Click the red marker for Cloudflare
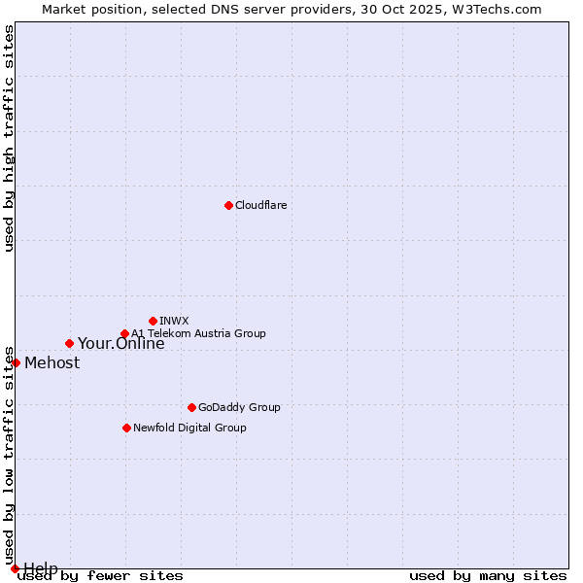pyautogui.click(x=228, y=205)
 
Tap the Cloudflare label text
pyautogui.click(x=260, y=206)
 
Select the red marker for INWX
pyautogui.click(x=153, y=321)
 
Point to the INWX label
pyautogui.click(x=174, y=321)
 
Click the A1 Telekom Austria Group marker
pyautogui.click(x=124, y=334)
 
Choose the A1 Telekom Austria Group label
pyautogui.click(x=198, y=334)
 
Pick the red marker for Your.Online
pyautogui.click(x=69, y=343)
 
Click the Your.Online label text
pyautogui.click(x=120, y=344)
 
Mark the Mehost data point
pyautogui.click(x=16, y=362)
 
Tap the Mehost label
pyautogui.click(x=51, y=363)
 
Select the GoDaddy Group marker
pyautogui.click(x=191, y=407)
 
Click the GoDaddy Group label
pyautogui.click(x=239, y=408)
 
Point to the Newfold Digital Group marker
pyautogui.click(x=126, y=428)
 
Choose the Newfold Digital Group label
pyautogui.click(x=189, y=429)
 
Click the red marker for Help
pyautogui.click(x=15, y=568)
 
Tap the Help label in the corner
pyautogui.click(x=41, y=568)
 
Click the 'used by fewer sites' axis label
pyautogui.click(x=100, y=576)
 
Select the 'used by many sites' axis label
pyautogui.click(x=488, y=576)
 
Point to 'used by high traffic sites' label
pyautogui.click(x=9, y=138)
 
